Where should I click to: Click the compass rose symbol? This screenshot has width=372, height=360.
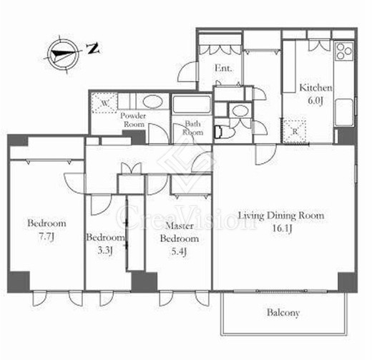tap(62, 54)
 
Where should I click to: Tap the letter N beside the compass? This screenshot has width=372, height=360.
tap(92, 49)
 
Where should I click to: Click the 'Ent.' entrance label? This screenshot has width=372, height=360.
tap(223, 68)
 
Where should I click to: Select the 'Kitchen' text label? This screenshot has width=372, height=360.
tap(315, 87)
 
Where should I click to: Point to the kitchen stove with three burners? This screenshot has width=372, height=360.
tap(344, 51)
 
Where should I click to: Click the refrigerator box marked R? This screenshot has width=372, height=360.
tap(295, 131)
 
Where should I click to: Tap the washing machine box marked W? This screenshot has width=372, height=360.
tap(104, 103)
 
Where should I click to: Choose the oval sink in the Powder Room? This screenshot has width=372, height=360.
tap(152, 101)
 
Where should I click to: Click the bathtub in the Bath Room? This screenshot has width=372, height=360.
tap(192, 104)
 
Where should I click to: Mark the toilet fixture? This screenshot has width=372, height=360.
tap(222, 132)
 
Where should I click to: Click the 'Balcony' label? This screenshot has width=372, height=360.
tap(283, 313)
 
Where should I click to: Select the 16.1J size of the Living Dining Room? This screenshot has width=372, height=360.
tap(282, 228)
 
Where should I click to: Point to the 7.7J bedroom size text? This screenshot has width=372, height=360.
tap(46, 237)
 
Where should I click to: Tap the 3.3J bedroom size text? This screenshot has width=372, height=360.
tap(104, 250)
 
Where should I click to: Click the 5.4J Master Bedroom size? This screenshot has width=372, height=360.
tap(179, 251)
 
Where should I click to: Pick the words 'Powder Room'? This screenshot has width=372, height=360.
tap(133, 120)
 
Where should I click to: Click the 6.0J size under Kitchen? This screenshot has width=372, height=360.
tap(315, 100)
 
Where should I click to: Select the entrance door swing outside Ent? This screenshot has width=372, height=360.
tap(187, 72)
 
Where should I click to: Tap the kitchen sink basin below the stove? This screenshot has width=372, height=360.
tap(343, 112)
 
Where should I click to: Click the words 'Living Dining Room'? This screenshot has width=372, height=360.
tap(281, 215)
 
